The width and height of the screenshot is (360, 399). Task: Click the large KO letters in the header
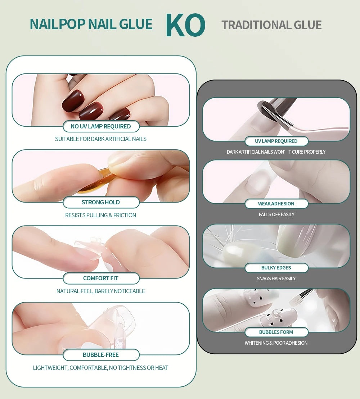(x=185, y=25)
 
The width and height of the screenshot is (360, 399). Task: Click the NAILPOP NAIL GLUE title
(x=91, y=24)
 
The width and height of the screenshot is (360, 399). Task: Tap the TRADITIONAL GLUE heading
(x=271, y=25)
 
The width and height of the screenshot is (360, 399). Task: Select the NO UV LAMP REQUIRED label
(x=101, y=126)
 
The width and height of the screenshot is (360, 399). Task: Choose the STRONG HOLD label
(x=101, y=202)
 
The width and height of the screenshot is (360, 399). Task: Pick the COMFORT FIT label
(x=101, y=278)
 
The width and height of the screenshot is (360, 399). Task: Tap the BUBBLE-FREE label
(x=101, y=355)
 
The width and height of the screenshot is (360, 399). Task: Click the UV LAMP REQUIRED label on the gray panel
(x=276, y=141)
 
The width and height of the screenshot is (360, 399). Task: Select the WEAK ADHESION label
(x=276, y=204)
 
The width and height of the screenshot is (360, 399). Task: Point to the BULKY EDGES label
(x=276, y=268)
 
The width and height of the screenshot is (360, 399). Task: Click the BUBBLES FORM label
(x=276, y=332)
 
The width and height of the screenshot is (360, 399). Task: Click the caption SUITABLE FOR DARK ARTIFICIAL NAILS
(x=101, y=139)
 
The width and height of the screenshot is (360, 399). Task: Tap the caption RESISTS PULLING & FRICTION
(x=101, y=215)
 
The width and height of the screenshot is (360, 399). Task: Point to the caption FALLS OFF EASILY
(x=276, y=214)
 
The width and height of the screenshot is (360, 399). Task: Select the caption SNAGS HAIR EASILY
(x=276, y=278)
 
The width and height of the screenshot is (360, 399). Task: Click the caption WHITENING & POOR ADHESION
(x=276, y=343)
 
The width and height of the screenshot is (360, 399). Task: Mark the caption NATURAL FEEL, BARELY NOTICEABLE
(x=101, y=291)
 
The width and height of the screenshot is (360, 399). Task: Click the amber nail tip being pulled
(x=95, y=182)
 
